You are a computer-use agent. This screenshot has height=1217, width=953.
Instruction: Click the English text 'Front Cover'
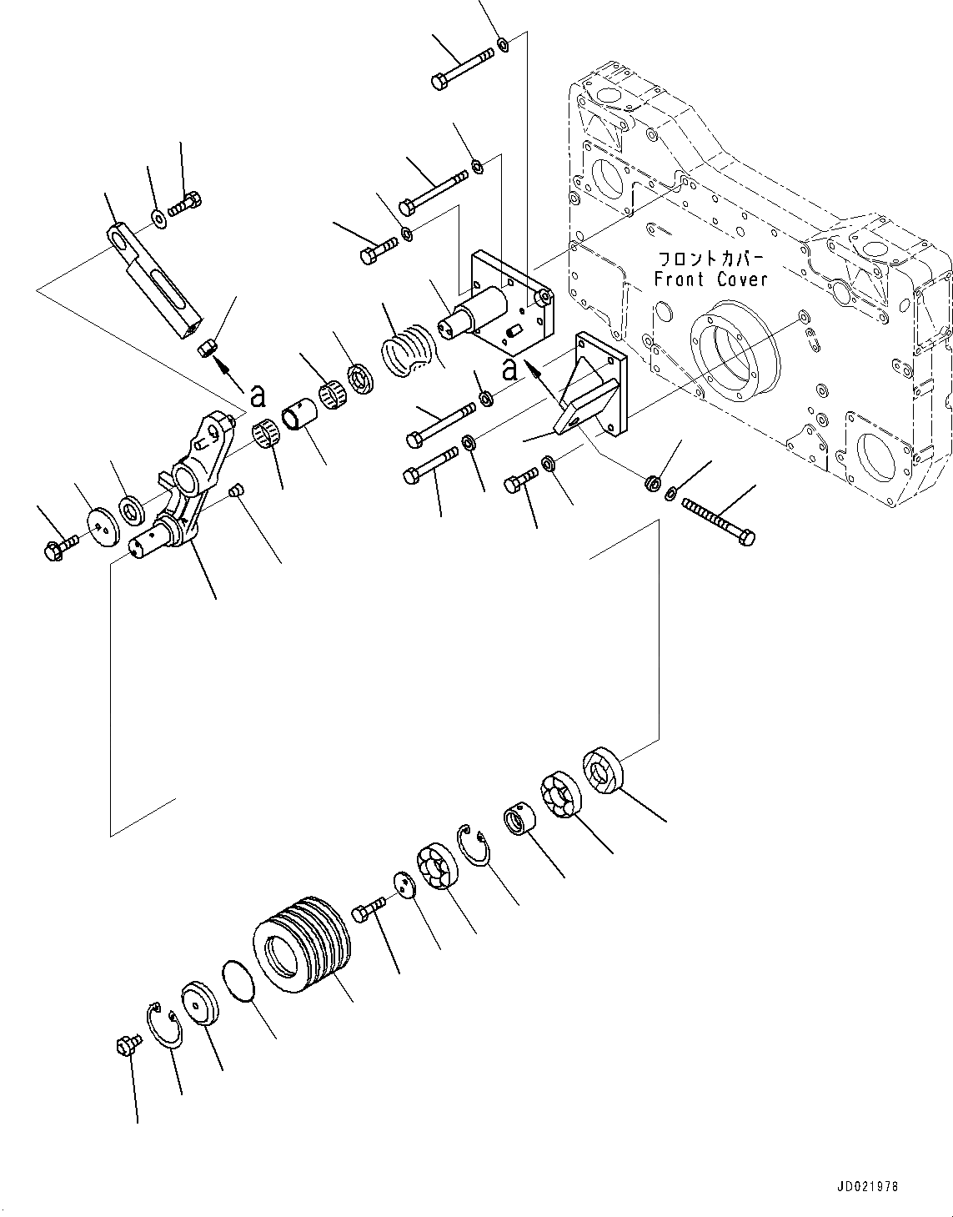(710, 279)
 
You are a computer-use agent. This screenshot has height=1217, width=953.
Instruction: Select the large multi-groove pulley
(303, 944)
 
